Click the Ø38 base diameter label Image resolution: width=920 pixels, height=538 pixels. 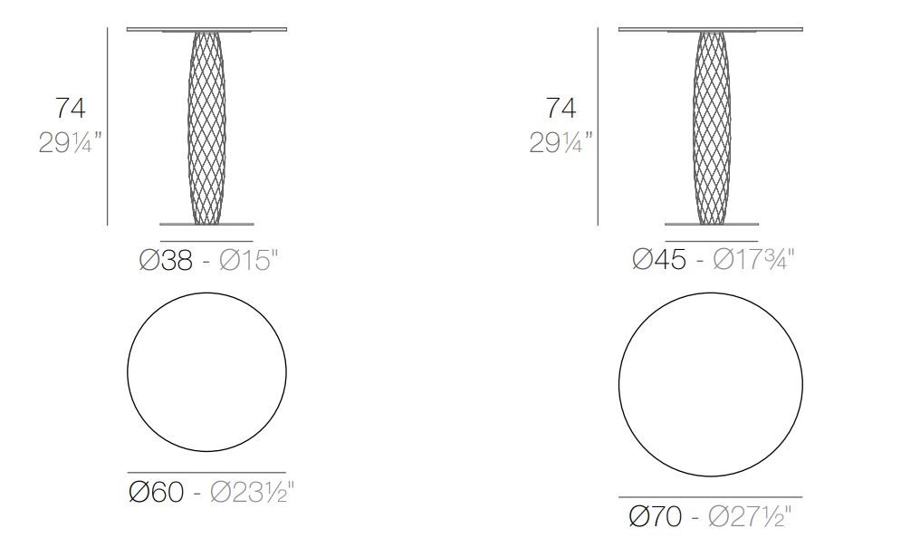166,260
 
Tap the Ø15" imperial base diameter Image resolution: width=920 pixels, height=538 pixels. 247,260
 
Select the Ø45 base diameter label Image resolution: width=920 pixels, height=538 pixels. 659,259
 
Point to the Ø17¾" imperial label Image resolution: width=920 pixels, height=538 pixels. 754,259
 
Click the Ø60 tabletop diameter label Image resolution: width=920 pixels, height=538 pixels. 156,492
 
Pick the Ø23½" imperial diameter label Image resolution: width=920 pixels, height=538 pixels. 252,492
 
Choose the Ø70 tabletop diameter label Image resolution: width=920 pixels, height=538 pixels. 655,516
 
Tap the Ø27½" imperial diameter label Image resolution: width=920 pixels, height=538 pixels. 749,516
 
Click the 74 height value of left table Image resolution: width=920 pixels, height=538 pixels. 71,109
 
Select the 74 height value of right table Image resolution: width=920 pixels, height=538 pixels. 561,109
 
